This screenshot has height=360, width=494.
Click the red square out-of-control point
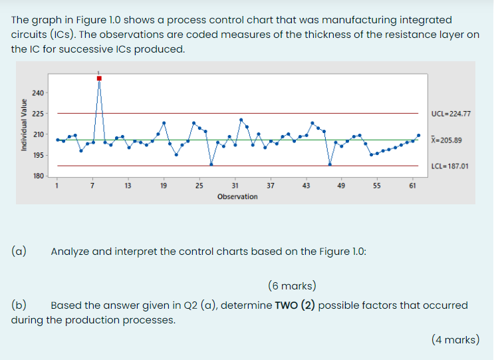click(x=99, y=79)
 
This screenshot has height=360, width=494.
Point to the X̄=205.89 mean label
click(x=446, y=140)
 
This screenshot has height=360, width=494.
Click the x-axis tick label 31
click(x=235, y=186)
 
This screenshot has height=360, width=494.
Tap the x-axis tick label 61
click(x=412, y=186)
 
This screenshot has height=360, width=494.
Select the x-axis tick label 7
click(x=92, y=186)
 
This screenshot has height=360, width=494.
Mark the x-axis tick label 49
click(x=340, y=186)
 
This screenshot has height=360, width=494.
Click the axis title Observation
click(x=237, y=196)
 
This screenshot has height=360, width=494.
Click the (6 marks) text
click(x=293, y=287)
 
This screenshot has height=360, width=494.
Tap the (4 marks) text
click(x=455, y=339)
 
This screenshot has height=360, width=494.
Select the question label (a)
click(x=19, y=252)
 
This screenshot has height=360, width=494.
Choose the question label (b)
click(x=19, y=305)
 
